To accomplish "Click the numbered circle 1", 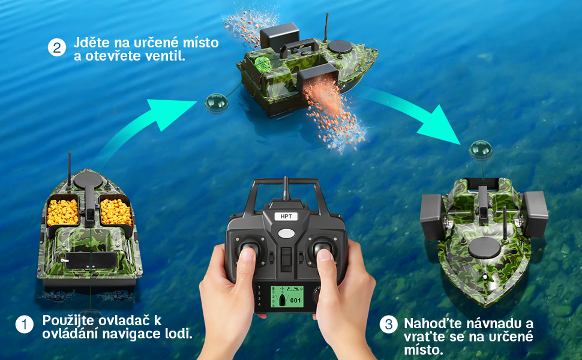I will [25, 325].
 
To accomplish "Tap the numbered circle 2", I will [57, 48].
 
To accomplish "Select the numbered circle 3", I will [389, 325].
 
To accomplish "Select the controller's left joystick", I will [250, 251].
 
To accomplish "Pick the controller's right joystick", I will [323, 251].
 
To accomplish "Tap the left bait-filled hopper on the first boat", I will [62, 211].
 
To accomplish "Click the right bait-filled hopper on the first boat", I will [116, 211].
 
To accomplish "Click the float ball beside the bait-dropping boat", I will [214, 103].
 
